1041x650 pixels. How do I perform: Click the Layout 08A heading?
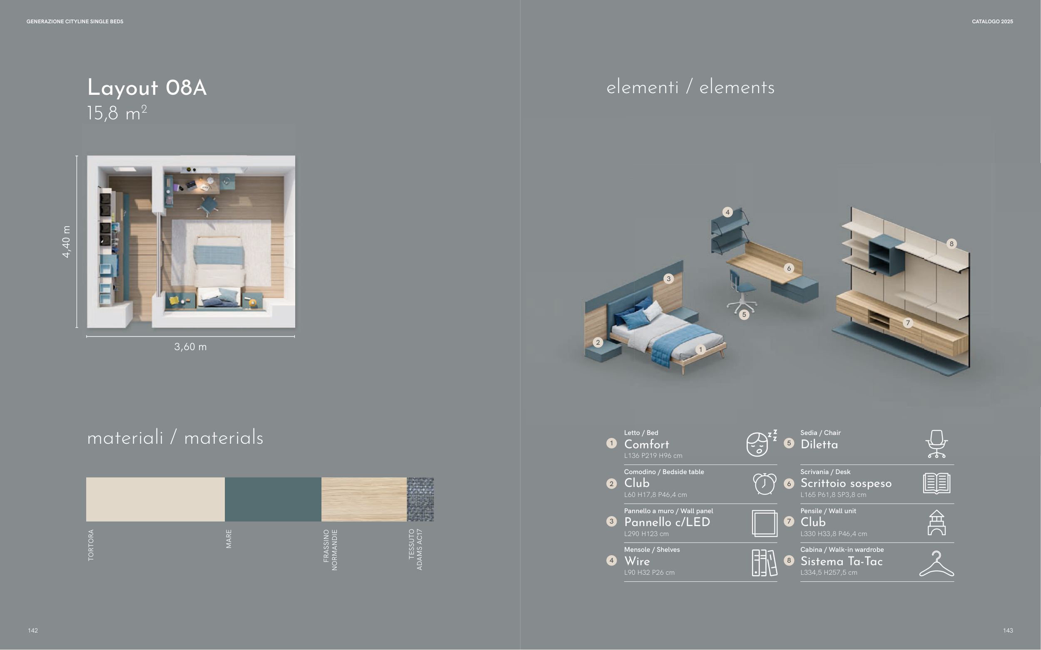coord(147,88)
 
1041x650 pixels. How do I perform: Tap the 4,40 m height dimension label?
coord(66,242)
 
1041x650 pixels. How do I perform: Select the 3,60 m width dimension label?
coord(190,346)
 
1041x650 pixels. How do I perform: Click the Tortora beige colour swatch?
coord(155,499)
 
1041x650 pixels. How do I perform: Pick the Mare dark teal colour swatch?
coord(273,499)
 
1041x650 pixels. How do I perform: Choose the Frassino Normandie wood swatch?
coord(364,499)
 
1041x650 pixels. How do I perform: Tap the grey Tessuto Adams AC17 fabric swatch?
coord(420,499)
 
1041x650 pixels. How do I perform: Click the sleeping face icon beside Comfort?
coord(761,443)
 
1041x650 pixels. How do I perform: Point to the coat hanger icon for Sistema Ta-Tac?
coord(936,563)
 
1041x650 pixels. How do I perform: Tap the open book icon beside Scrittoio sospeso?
coord(936,483)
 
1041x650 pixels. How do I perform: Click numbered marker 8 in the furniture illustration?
coord(951,244)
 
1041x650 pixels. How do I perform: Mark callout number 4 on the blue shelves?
coord(727,212)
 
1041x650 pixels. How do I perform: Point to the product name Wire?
coord(637,561)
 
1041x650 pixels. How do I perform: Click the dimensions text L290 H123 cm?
coord(646,534)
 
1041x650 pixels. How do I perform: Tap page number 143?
coord(1008,630)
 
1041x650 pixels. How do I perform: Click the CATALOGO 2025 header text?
coord(992,22)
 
